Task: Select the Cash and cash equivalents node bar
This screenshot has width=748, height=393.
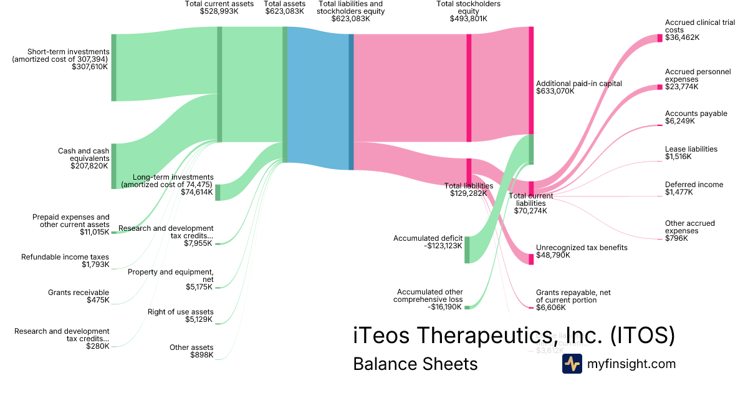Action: point(113,166)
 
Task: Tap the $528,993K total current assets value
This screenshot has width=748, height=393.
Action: point(219,11)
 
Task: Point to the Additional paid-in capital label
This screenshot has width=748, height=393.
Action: point(579,83)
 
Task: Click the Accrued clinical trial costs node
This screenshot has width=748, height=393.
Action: point(659,38)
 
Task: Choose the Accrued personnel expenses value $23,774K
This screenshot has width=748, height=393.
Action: point(682,87)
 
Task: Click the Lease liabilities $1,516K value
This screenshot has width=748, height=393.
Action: point(679,157)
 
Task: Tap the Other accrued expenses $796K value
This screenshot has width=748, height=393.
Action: point(676,238)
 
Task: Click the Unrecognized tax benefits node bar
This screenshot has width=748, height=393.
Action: point(531,259)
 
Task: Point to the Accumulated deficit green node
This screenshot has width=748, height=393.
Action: point(467,250)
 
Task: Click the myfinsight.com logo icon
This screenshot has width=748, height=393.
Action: point(572,364)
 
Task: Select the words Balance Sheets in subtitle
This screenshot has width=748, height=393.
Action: point(415,364)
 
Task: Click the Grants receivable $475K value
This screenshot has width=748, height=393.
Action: point(98,300)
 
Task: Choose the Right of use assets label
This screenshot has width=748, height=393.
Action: point(180,312)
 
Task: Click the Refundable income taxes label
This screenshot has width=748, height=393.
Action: point(65,257)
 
